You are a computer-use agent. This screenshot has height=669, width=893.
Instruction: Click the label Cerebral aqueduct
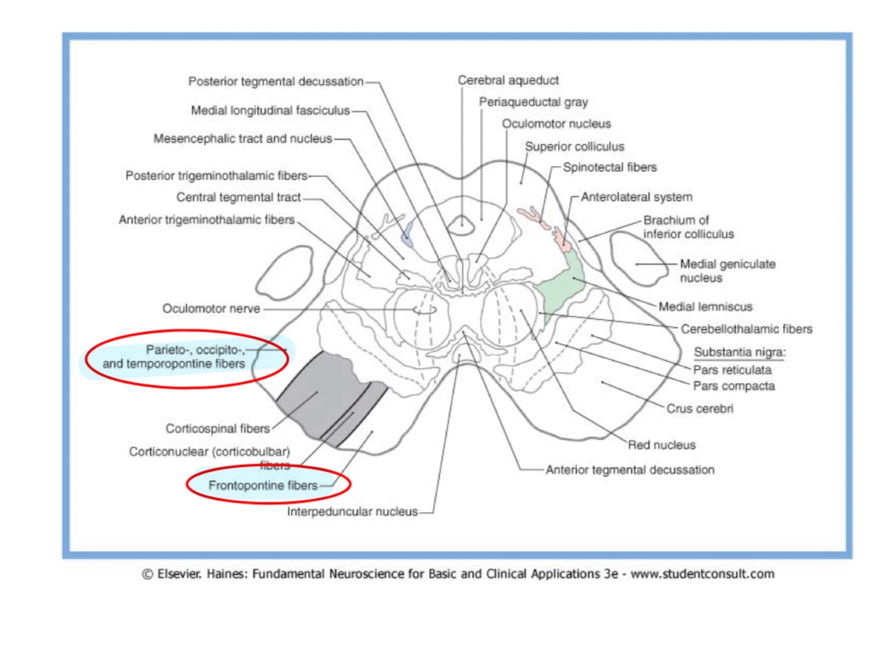click(x=508, y=80)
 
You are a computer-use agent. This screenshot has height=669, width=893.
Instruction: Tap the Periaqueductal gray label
click(x=533, y=102)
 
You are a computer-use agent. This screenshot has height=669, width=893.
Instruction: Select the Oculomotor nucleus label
click(x=556, y=124)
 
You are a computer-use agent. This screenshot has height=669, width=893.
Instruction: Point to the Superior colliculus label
click(x=574, y=147)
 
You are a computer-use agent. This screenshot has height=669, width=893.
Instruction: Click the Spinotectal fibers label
click(x=610, y=167)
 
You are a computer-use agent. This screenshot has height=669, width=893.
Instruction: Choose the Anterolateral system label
click(x=637, y=197)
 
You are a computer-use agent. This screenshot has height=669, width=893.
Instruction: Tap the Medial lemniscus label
click(x=705, y=307)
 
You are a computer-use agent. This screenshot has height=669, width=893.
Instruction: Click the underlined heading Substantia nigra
click(x=740, y=352)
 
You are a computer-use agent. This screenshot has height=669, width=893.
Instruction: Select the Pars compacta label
click(x=734, y=386)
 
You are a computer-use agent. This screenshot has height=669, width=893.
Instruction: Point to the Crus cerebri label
click(x=700, y=408)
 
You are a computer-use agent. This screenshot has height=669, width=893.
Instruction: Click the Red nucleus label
click(x=661, y=445)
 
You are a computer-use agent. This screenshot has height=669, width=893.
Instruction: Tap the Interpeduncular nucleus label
click(x=352, y=512)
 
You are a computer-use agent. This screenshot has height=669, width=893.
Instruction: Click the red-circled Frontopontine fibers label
click(x=263, y=486)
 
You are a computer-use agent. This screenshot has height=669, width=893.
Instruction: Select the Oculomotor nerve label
click(x=211, y=309)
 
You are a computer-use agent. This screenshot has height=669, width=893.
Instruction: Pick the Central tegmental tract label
click(x=238, y=198)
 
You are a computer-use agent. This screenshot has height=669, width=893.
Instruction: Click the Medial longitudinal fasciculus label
click(x=270, y=110)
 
